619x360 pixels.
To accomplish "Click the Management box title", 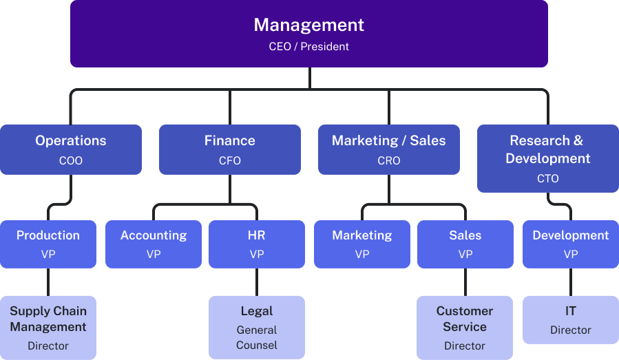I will tap(308, 25).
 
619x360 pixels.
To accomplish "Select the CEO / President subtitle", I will tap(308, 47).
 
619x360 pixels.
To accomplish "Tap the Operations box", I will tap(71, 149).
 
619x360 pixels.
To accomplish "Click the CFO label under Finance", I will tap(230, 160).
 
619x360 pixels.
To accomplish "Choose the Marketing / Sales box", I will tap(388, 149).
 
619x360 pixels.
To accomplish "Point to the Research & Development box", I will tap(548, 158).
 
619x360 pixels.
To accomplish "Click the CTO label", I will tap(548, 178).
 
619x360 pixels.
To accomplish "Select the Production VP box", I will tap(48, 244).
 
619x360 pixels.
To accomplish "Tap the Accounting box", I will tap(154, 244).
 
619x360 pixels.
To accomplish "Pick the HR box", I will tap(257, 244).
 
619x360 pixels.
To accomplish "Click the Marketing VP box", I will tap(362, 244).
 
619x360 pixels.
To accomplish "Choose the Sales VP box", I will tap(465, 244).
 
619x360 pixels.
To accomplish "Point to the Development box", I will tap(571, 244).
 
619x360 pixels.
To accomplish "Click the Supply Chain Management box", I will tap(48, 328).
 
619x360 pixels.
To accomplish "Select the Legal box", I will tap(257, 328).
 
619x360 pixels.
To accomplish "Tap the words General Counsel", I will tap(257, 337).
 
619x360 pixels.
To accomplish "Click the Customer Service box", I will tap(465, 328).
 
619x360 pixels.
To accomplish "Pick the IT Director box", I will tap(571, 319).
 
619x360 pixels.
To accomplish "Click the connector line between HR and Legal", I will tap(257, 282).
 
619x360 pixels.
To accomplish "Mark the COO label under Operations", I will tap(71, 160).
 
